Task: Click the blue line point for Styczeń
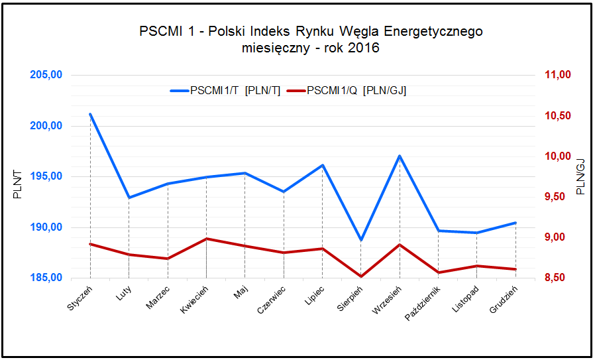[x=90, y=114]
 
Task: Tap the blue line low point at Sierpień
[x=361, y=240]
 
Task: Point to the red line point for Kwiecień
[x=206, y=239]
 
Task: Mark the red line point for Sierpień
[x=361, y=276]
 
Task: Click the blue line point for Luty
[x=129, y=198]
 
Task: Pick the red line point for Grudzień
[x=515, y=269]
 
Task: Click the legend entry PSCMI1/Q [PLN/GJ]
[x=348, y=91]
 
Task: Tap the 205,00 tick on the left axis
[x=46, y=75]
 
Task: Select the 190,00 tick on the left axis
[x=46, y=227]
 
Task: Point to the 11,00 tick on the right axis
[x=557, y=75]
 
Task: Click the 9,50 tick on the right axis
[x=557, y=197]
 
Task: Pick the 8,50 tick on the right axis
[x=557, y=278]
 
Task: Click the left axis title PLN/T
[x=17, y=185]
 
